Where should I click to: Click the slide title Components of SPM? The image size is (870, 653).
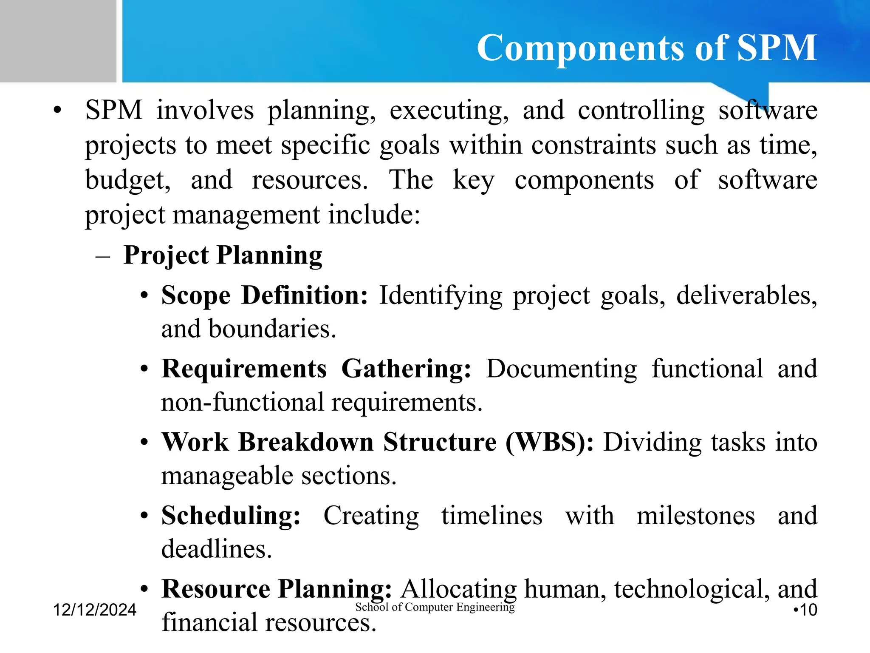click(x=647, y=48)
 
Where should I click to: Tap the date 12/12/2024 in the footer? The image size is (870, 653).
click(x=94, y=610)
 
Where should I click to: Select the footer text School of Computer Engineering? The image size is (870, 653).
click(x=435, y=607)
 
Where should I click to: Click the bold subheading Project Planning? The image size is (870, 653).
click(x=223, y=255)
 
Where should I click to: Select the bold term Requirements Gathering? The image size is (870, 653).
click(x=316, y=368)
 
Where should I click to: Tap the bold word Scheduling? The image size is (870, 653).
click(x=231, y=515)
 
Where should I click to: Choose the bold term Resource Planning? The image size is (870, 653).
click(x=276, y=589)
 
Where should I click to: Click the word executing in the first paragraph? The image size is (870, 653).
click(x=449, y=111)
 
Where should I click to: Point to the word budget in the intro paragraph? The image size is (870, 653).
click(x=127, y=180)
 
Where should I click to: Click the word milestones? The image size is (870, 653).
click(x=695, y=515)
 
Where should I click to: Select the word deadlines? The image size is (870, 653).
click(x=216, y=549)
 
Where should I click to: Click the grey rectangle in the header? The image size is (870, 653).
click(x=58, y=41)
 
